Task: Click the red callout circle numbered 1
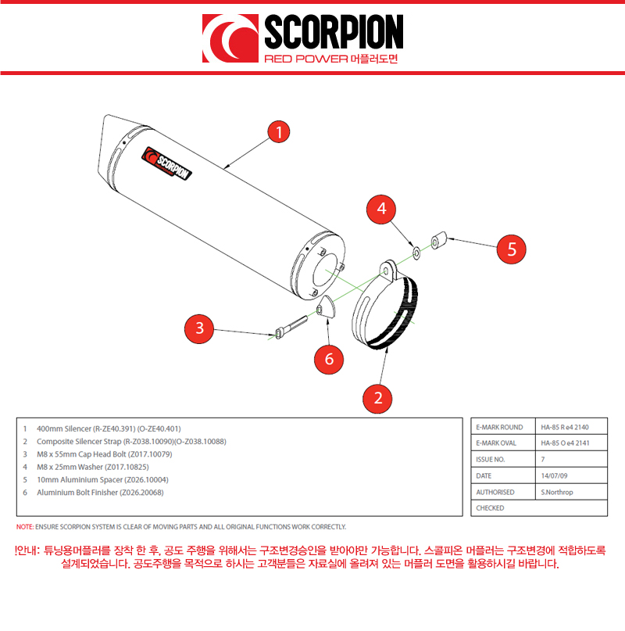[x=279, y=131]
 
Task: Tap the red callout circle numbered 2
[x=377, y=399]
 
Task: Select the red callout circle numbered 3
[x=199, y=328]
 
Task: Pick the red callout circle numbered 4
[x=381, y=210]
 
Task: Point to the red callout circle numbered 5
[x=511, y=249]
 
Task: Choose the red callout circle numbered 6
[x=329, y=359]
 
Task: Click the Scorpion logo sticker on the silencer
[x=166, y=163]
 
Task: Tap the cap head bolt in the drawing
[x=291, y=326]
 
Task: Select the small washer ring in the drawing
[x=416, y=253]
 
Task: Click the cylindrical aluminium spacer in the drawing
[x=439, y=240]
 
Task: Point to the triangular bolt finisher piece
[x=326, y=307]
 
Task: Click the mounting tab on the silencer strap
[x=388, y=270]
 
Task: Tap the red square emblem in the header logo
[x=230, y=38]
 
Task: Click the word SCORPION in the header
[x=334, y=32]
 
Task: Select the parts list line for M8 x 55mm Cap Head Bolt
[x=105, y=454]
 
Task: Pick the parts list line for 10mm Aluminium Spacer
[x=102, y=479]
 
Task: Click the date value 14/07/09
[x=554, y=475]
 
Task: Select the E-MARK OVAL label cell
[x=503, y=443]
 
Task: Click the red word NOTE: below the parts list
[x=25, y=527]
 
